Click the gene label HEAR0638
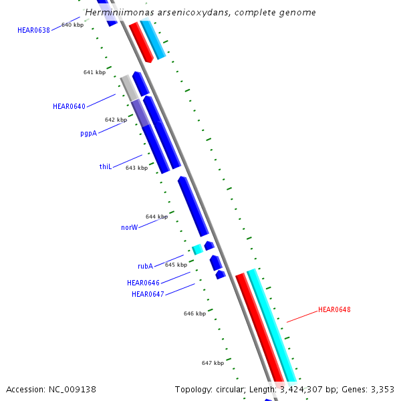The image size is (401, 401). click(x=33, y=30)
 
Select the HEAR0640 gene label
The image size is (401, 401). click(x=69, y=106)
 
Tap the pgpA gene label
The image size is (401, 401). click(x=88, y=133)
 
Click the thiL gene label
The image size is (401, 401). click(x=105, y=166)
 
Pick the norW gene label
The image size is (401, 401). click(x=129, y=227)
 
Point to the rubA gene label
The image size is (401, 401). click(x=146, y=266)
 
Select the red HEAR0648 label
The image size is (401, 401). click(x=334, y=309)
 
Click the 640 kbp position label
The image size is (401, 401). click(x=72, y=25)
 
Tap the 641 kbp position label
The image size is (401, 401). click(x=94, y=72)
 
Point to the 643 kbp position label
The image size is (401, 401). click(x=136, y=168)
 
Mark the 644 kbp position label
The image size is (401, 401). click(x=156, y=217)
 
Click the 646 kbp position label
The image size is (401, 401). click(x=194, y=313)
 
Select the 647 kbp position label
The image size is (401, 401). click(x=213, y=363)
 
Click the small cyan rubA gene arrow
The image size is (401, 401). click(x=197, y=249)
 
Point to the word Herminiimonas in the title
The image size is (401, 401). click(x=118, y=13)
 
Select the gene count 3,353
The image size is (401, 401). click(x=381, y=389)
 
